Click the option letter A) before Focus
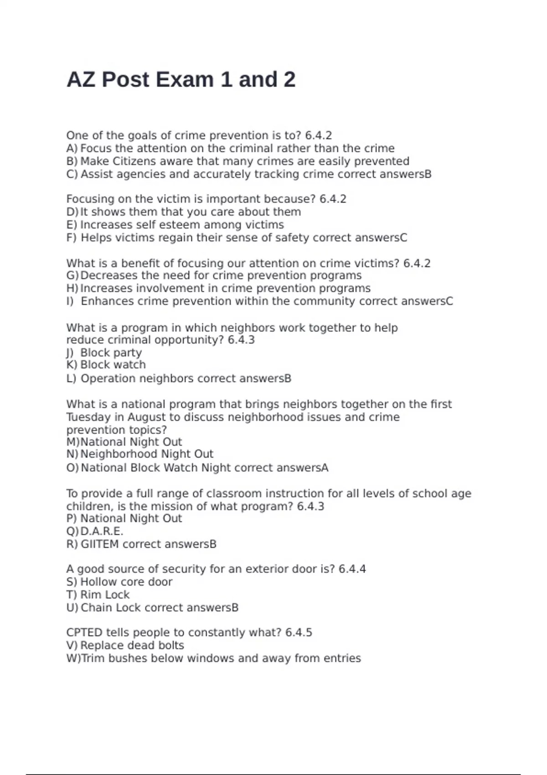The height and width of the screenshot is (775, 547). [x=72, y=149]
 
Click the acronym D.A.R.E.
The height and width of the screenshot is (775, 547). [x=102, y=532]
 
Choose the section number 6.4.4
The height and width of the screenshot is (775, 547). [x=352, y=569]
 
